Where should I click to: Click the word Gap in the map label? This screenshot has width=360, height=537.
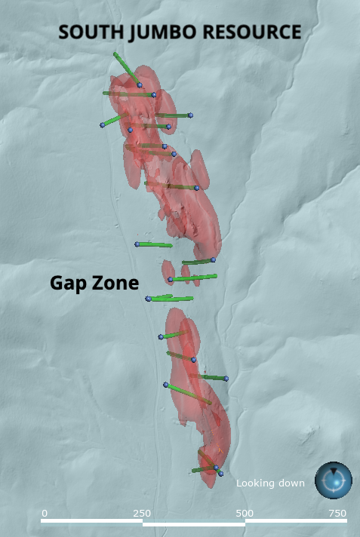coord(66,284)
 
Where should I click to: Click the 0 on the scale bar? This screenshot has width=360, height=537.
coord(45,513)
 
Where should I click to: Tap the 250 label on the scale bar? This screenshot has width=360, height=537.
coord(142,513)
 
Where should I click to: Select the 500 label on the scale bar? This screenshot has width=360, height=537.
coord(245,513)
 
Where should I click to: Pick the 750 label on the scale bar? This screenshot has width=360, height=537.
coord(337,513)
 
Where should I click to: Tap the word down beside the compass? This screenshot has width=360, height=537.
coord(292,483)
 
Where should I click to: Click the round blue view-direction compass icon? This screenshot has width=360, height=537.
coord(333,480)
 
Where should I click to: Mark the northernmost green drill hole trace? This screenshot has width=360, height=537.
coord(126,68)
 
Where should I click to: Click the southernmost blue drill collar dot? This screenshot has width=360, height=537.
coord(220,474)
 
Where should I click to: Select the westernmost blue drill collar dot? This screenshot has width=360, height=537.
coord(102,125)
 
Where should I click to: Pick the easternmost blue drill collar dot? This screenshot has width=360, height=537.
coord(226,378)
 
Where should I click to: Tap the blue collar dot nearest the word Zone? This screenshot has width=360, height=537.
coord(148,299)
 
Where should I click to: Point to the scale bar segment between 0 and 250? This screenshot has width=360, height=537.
coord(92,520)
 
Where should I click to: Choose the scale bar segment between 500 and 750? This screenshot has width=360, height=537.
coord(296,520)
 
